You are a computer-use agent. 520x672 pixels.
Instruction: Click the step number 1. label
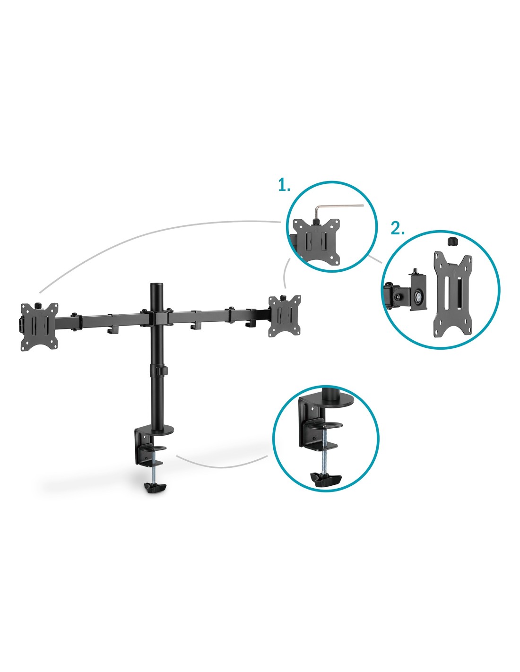point(284,185)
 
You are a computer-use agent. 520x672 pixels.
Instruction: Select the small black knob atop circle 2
point(452,241)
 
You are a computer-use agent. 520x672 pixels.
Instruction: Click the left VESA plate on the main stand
point(39,327)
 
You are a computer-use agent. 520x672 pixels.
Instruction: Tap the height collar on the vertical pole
point(158,370)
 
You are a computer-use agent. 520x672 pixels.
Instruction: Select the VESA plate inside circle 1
point(316,241)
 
